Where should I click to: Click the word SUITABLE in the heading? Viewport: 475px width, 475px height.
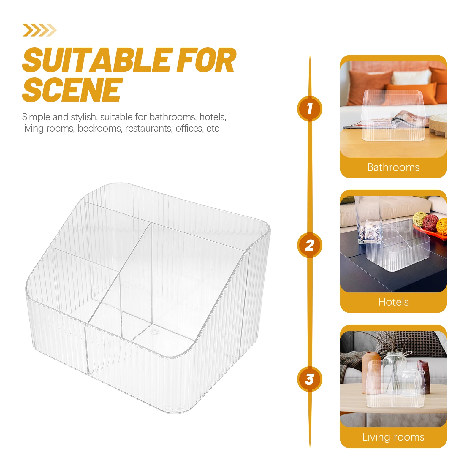(98, 60)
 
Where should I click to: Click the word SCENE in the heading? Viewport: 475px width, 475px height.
(72, 89)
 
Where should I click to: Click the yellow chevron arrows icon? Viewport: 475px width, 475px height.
(39, 30)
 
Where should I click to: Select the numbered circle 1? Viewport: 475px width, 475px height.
(310, 108)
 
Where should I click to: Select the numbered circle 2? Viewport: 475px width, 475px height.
(310, 245)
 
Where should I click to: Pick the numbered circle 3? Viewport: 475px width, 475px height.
(310, 379)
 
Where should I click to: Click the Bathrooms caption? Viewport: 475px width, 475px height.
(393, 167)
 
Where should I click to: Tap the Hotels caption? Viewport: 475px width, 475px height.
(393, 302)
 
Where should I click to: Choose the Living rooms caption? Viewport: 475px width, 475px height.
(393, 437)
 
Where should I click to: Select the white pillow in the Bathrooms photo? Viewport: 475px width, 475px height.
(411, 77)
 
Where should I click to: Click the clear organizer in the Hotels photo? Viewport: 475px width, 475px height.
(398, 246)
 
